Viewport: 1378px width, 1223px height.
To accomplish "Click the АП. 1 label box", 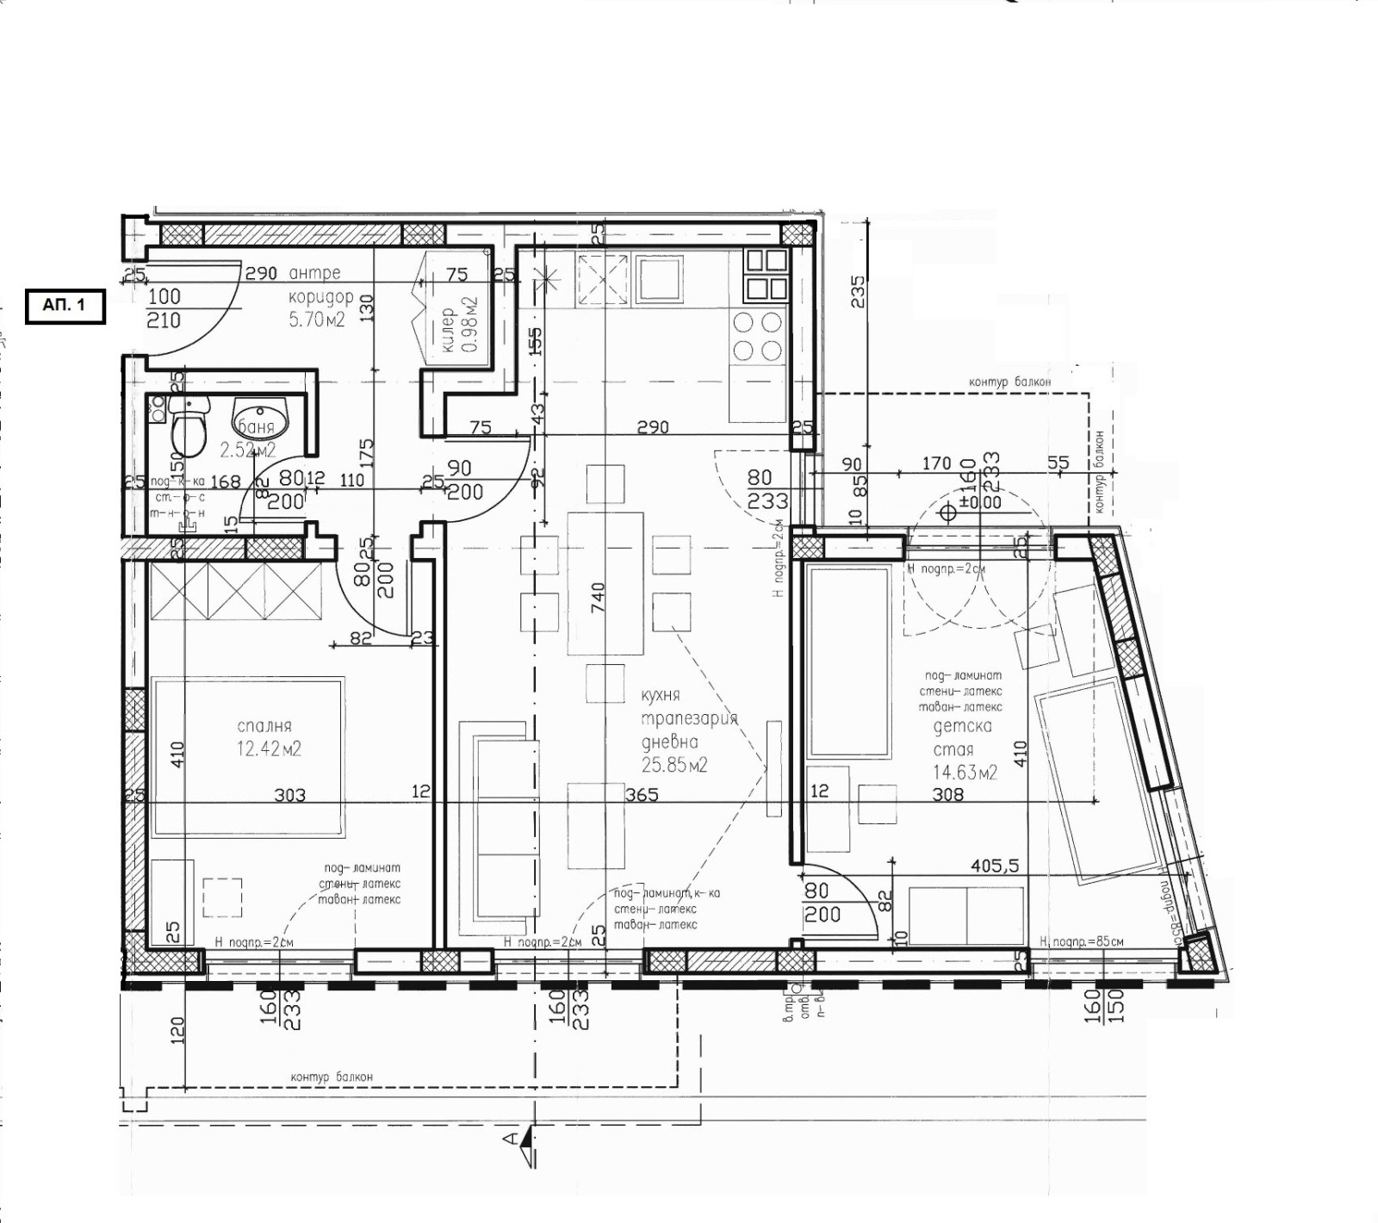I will pyautogui.click(x=65, y=306).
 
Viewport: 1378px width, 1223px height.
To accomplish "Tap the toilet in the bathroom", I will pyautogui.click(x=188, y=429).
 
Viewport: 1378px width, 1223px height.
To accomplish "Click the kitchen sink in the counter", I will pyautogui.click(x=659, y=279).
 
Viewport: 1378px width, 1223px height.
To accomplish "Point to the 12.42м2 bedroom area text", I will pyautogui.click(x=269, y=749).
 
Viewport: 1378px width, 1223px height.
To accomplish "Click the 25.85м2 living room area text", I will pyautogui.click(x=674, y=765).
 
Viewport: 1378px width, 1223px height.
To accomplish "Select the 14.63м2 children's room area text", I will pyautogui.click(x=965, y=772).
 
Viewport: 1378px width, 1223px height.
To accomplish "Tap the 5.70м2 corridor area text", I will pyautogui.click(x=316, y=320).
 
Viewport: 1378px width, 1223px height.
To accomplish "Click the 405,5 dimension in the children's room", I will pyautogui.click(x=995, y=866).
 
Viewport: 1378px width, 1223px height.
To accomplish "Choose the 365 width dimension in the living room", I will pyautogui.click(x=642, y=794).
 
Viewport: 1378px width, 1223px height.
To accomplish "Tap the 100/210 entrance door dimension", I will pyautogui.click(x=164, y=307).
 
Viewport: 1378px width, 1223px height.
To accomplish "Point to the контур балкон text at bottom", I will pyautogui.click(x=332, y=1077).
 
